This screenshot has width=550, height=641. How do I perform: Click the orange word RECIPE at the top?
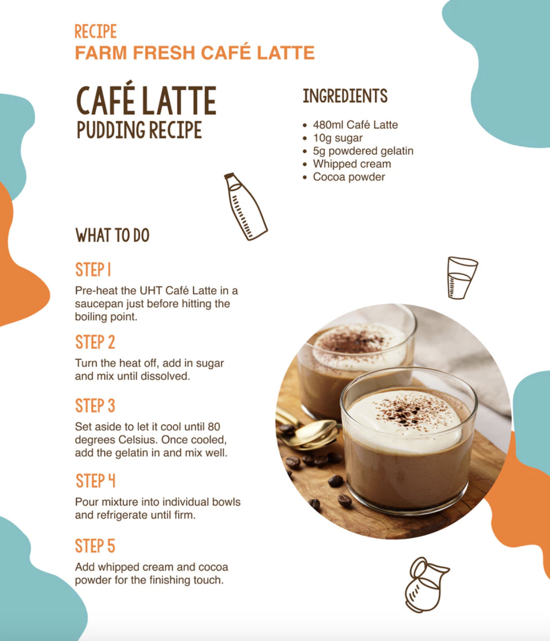point(96,32)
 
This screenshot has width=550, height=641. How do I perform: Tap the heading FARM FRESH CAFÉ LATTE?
point(195,52)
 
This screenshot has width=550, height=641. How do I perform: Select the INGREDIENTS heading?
point(345,96)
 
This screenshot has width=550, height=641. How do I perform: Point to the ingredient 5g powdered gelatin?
point(363,151)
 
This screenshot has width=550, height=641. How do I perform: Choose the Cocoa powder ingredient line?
point(349,177)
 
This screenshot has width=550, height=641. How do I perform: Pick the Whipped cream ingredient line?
point(352,164)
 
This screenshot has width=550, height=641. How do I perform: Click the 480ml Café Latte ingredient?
point(355,125)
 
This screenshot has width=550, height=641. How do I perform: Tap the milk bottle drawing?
point(246,207)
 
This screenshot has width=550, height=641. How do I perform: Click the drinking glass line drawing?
point(462,278)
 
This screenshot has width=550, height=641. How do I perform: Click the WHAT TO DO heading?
point(113,235)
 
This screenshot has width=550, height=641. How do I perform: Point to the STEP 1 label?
point(93,270)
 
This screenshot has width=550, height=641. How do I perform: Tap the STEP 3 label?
point(95,406)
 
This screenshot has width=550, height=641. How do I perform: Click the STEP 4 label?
point(96,481)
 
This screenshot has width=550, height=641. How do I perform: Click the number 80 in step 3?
point(214,427)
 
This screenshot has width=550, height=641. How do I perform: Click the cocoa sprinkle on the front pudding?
point(403,411)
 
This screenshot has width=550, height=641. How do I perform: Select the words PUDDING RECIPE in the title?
point(139,130)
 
